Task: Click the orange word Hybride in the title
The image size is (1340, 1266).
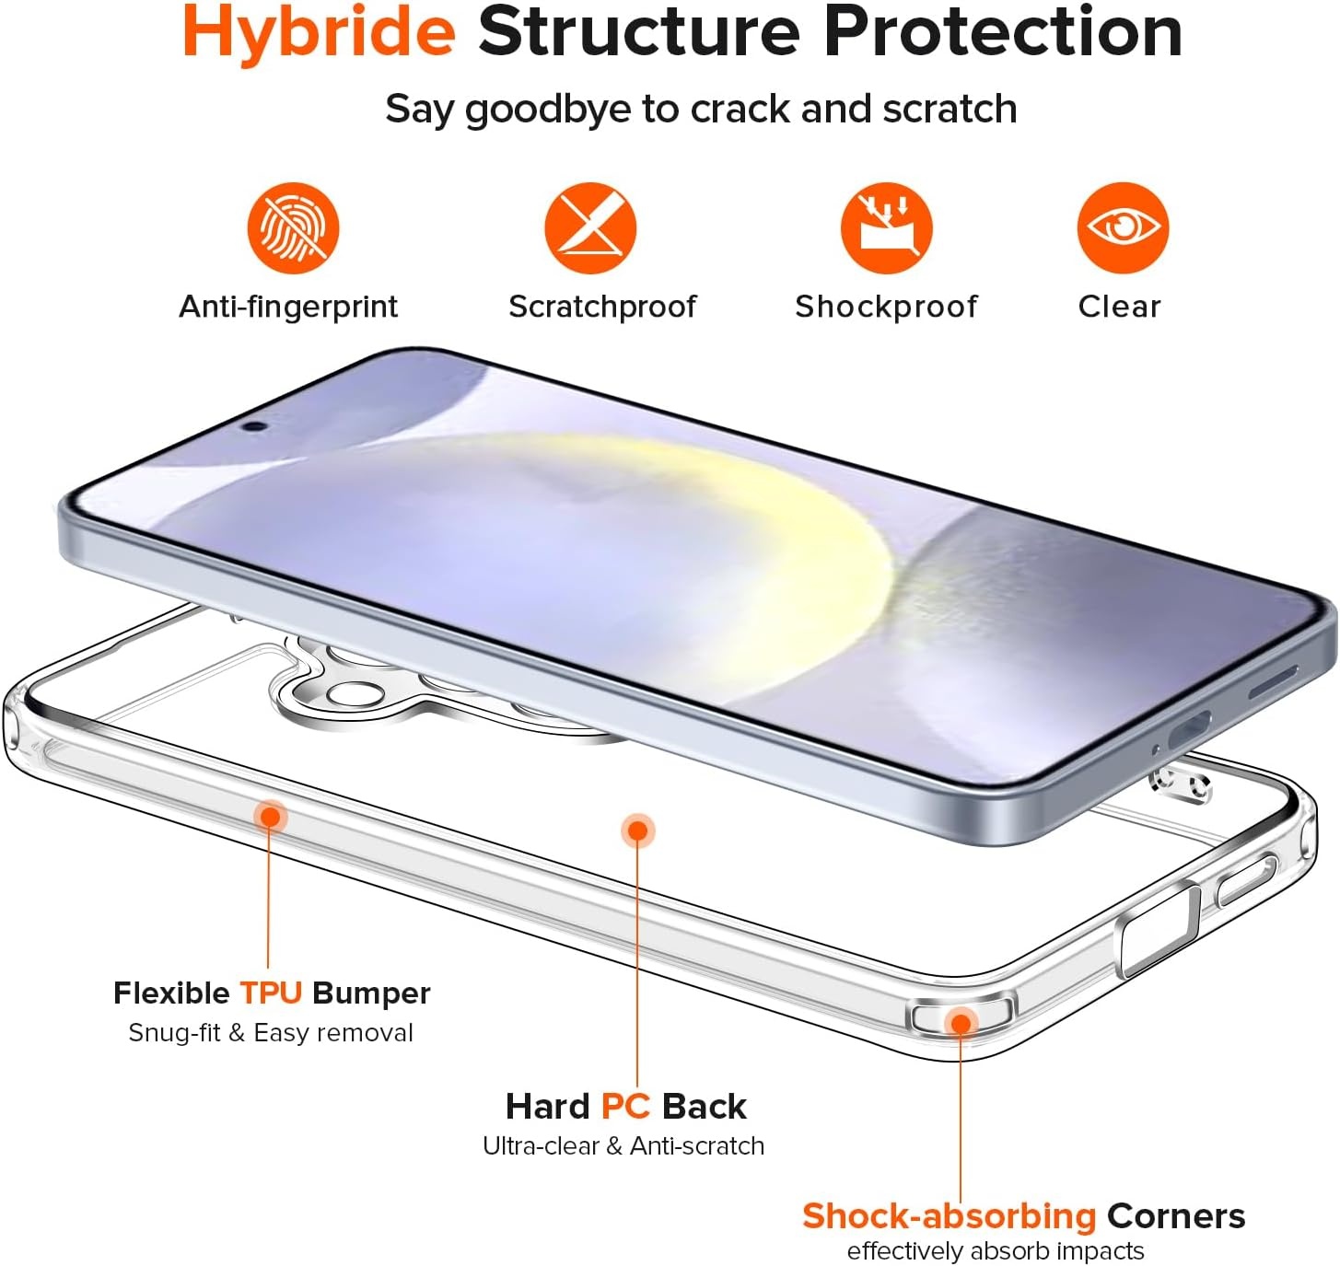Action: pos(319,33)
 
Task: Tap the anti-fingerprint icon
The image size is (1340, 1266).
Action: pos(293,227)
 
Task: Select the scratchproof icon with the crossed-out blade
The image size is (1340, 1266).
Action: pos(590,227)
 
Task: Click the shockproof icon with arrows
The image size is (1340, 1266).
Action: pos(886,227)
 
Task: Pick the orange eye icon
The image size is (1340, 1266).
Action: pos(1123,227)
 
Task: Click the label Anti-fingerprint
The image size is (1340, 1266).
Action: pos(288,307)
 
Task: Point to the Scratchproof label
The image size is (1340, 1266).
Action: pos(602,307)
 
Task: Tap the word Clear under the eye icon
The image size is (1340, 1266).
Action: pos(1119,307)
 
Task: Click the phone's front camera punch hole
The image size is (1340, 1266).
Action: pos(255,426)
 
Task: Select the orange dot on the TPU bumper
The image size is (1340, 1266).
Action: pos(271,817)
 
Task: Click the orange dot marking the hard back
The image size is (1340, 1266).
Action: pos(637,830)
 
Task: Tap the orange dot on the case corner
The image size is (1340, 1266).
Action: pos(961,1023)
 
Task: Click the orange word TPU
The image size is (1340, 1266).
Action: pos(271,993)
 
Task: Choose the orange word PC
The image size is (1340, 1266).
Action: pos(625,1106)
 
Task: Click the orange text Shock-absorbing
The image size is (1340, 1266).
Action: pos(949,1216)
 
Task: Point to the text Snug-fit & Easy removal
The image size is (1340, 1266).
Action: pos(271,1033)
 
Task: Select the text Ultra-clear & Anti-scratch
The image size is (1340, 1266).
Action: pos(623,1146)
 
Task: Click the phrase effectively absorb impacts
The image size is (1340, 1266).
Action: pos(996,1251)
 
